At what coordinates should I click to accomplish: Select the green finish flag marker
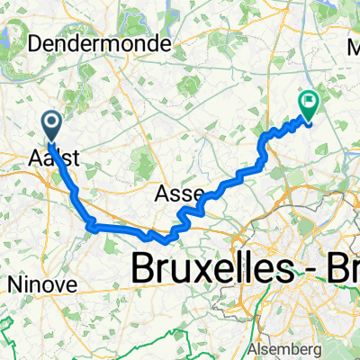click(309, 106)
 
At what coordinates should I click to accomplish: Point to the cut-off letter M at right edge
click(353, 42)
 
